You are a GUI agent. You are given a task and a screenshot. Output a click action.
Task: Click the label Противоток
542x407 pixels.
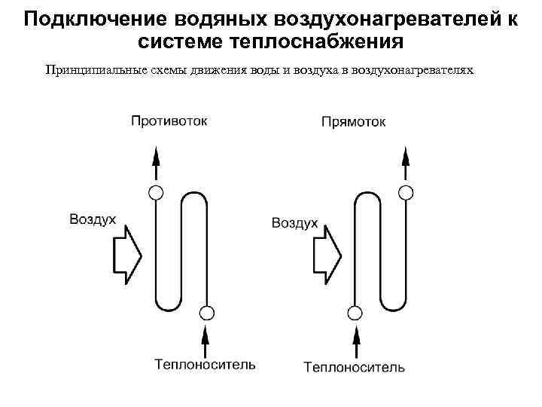point(169,121)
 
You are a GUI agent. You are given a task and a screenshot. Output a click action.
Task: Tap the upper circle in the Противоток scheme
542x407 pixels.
point(156,191)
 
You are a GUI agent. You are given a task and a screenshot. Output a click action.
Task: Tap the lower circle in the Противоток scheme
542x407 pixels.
point(206,311)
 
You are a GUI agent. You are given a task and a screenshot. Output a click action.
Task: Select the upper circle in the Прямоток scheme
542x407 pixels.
point(406,191)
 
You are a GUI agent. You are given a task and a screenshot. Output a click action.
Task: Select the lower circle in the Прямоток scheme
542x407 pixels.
point(355,311)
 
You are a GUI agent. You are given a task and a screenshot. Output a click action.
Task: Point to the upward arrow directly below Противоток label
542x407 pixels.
point(156,162)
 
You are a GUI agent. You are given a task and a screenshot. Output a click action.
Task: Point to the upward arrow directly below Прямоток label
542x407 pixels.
point(406,162)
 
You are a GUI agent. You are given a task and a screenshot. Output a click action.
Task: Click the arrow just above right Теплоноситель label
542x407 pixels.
point(355,338)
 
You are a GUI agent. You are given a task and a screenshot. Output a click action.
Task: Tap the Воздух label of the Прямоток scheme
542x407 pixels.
point(294,224)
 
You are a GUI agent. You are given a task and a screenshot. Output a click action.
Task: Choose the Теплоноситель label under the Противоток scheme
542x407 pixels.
point(205,365)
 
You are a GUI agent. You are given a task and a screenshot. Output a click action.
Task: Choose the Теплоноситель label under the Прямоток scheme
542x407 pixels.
point(354,367)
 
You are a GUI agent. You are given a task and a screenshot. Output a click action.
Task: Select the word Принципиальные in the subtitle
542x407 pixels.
point(94,70)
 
